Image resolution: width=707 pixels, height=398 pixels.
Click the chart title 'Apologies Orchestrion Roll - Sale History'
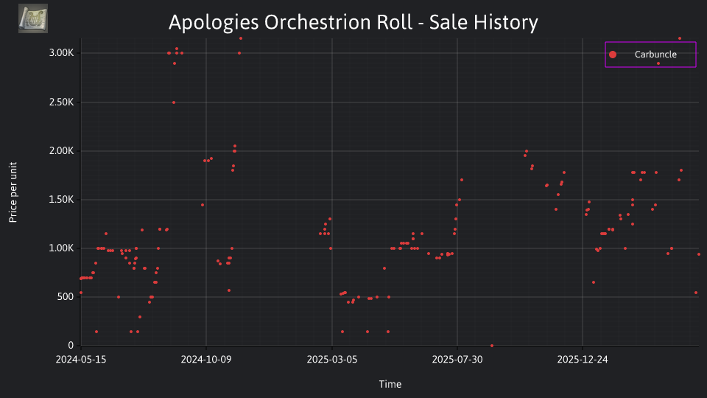pos(353,22)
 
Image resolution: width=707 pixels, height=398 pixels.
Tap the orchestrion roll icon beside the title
pos(33,18)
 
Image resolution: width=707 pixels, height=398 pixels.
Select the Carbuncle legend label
pos(655,54)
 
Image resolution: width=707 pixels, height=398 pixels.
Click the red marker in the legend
pos(612,55)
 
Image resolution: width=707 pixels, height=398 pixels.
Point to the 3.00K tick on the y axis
pos(61,53)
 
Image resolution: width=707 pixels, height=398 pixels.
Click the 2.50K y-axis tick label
pos(61,102)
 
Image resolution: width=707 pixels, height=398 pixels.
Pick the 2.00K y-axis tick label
pos(61,150)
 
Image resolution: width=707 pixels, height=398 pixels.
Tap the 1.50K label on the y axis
pos(61,200)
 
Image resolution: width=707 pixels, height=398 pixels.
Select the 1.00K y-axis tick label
pos(61,248)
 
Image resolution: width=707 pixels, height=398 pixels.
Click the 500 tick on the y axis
pos(65,296)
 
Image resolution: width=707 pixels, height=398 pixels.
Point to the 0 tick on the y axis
pos(71,345)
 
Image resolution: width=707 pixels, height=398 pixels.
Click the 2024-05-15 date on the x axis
pos(81,359)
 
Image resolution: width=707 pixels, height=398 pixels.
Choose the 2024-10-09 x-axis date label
pos(206,359)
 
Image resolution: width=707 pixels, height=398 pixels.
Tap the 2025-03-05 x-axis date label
pos(332,359)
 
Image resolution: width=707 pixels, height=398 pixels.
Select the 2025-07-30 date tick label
pos(457,359)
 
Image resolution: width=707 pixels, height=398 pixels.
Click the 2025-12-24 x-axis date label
pos(583,359)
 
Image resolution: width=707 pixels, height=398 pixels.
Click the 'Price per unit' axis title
pos(13,192)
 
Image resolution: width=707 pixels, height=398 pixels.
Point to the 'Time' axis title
pos(390,384)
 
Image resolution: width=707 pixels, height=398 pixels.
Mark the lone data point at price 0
pos(492,346)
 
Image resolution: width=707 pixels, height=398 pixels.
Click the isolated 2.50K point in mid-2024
pos(174,102)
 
